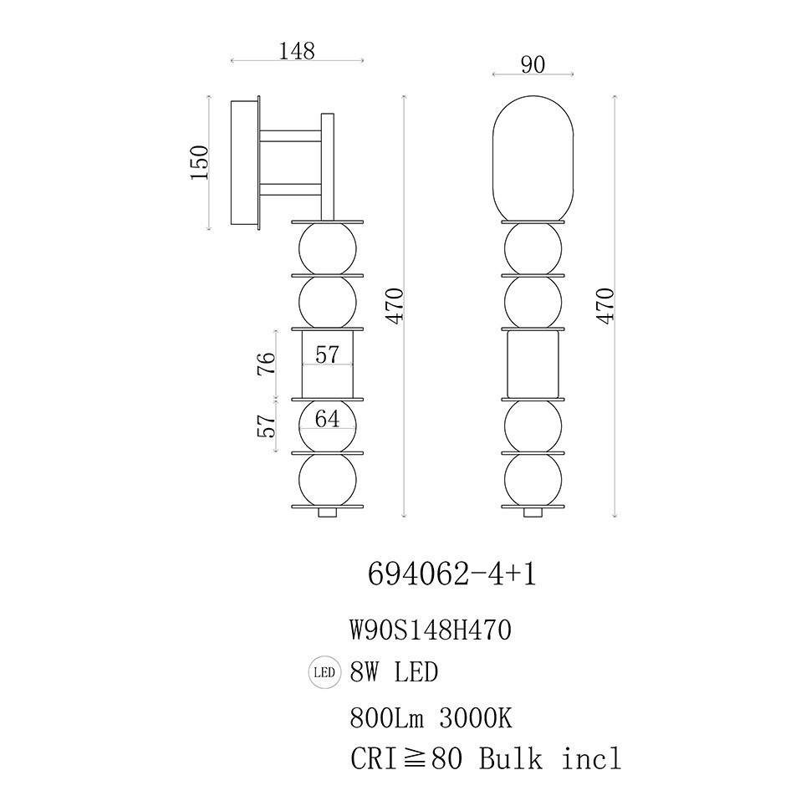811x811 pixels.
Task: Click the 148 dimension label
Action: pos(297,51)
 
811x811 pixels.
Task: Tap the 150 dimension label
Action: pos(200,162)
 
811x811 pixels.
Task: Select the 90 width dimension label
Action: pos(533,64)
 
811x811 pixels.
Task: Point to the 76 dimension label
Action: pos(267,364)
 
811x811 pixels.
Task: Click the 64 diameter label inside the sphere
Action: pos(328,418)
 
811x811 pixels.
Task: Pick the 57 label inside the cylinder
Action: pos(328,354)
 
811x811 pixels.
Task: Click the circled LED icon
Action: pos(324,672)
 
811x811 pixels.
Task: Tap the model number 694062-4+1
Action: pos(452,574)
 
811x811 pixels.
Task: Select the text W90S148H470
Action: pos(431,630)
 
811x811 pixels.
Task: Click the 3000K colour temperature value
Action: pos(476,718)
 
